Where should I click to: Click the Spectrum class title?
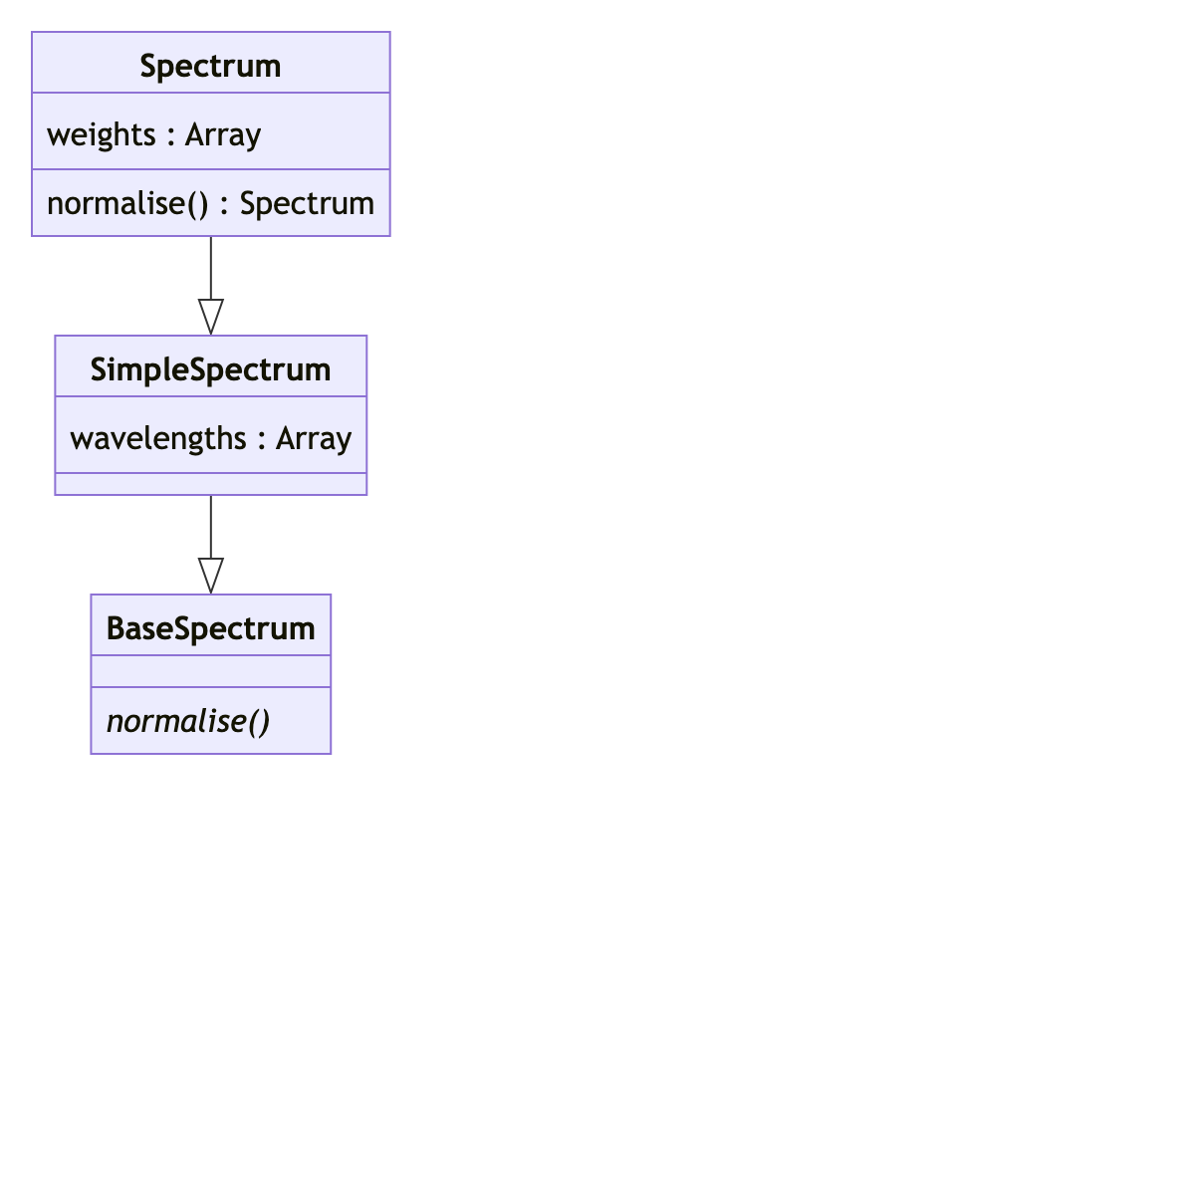[x=210, y=66]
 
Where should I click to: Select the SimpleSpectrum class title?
[x=210, y=369]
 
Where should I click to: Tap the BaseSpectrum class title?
[x=210, y=628]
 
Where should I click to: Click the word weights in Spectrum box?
[x=101, y=134]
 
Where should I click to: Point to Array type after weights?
[x=223, y=134]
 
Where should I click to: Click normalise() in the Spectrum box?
[x=127, y=203]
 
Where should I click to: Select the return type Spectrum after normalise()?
[x=307, y=203]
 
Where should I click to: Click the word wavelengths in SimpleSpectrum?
[x=158, y=438]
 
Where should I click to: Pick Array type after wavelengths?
[x=314, y=438]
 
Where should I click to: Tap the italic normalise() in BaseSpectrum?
[x=187, y=721]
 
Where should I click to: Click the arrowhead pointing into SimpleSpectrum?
[x=210, y=317]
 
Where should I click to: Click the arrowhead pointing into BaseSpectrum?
[x=210, y=576]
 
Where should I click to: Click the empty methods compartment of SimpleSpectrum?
[x=210, y=484]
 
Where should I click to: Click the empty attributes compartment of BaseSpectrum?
[x=210, y=671]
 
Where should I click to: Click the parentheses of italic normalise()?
[x=258, y=721]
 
